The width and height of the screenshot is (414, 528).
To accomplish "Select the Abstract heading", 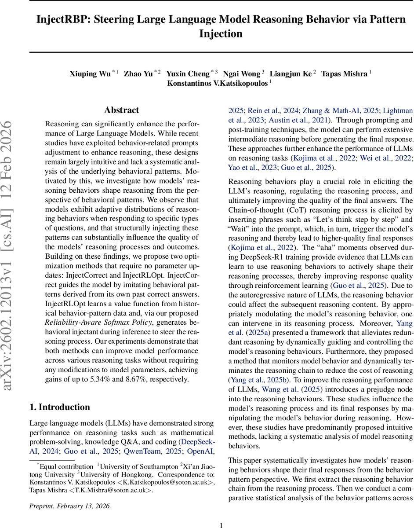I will click(121, 110).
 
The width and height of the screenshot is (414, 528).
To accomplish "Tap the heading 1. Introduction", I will click(60, 407).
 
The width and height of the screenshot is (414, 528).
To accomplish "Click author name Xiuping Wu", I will click(90, 74).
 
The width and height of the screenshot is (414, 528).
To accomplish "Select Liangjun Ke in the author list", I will click(291, 74).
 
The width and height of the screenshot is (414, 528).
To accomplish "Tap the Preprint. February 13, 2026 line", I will click(70, 506).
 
